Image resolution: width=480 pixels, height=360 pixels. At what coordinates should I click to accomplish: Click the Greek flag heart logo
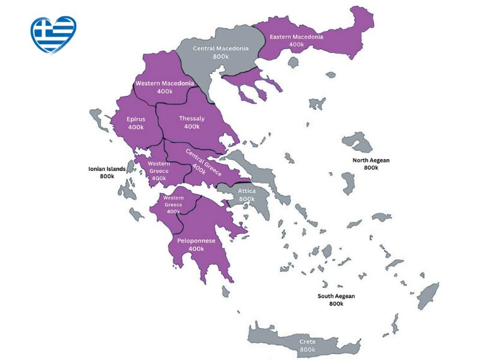point(53,34)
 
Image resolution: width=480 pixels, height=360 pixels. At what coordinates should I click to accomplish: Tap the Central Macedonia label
point(220,48)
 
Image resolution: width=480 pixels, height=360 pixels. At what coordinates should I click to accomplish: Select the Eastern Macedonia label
point(296,37)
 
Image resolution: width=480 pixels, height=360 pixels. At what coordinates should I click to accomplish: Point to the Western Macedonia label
point(164,83)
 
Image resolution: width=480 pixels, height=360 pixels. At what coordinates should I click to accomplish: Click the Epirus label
point(136,119)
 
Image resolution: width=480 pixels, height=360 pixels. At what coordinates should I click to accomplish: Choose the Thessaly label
point(191,119)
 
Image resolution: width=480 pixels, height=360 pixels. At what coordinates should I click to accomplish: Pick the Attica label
point(247,191)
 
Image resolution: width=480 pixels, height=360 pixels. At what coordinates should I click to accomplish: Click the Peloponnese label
point(196,241)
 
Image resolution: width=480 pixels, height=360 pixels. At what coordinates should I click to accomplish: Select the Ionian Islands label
point(107,169)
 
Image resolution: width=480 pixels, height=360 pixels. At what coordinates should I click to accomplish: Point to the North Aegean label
point(371,160)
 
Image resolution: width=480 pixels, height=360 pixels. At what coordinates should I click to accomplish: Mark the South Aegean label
point(336,296)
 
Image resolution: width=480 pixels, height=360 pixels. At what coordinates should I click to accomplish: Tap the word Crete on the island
point(307,341)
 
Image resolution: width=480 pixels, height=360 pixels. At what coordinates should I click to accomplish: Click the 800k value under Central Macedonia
point(220,56)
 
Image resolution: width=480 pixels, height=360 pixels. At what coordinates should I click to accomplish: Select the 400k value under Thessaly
point(191,127)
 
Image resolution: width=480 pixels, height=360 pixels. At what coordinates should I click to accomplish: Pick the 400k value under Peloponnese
point(196,249)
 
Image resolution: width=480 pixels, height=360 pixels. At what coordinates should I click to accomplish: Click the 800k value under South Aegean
point(336,304)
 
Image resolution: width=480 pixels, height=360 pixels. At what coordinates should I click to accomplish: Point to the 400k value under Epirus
point(136,127)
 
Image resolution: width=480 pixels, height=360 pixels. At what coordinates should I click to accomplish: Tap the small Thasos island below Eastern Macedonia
point(293,62)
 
